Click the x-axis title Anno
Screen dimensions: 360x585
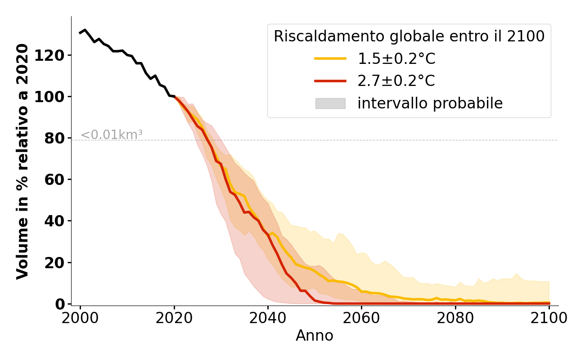[315, 336]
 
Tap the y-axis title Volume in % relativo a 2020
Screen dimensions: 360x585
[22, 161]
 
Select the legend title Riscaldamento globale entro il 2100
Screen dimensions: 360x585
[409, 36]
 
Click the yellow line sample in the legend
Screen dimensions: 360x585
[330, 58]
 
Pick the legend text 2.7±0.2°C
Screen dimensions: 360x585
[396, 81]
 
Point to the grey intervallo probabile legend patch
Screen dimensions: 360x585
[330, 103]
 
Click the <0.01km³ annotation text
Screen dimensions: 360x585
[112, 135]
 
